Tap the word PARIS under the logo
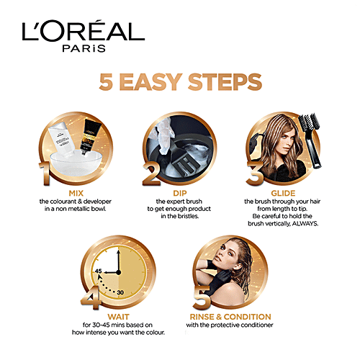[x=84, y=48]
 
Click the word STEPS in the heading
[x=225, y=82]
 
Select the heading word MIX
[x=76, y=193]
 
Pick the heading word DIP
[x=180, y=193]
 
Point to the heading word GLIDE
[x=283, y=193]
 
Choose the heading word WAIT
[x=118, y=317]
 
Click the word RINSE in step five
[x=202, y=317]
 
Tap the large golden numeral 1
[x=45, y=174]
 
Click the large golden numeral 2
[x=152, y=174]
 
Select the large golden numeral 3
[x=255, y=174]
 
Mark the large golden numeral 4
[x=91, y=297]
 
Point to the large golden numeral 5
[x=202, y=297]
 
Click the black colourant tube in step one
[x=89, y=136]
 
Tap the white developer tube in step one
[x=61, y=140]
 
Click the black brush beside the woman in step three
[x=311, y=140]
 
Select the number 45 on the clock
[x=99, y=271]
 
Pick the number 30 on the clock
[x=120, y=292]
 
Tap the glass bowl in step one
[x=76, y=164]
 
